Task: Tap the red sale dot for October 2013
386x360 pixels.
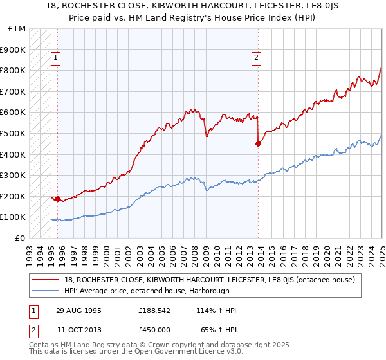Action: click(x=258, y=144)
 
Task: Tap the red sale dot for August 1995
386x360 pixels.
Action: click(x=58, y=199)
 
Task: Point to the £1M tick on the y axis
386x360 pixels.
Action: click(x=17, y=29)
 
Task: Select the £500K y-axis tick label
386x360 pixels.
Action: click(x=14, y=134)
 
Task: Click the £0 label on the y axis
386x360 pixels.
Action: click(x=20, y=238)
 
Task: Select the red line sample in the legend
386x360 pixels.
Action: click(x=46, y=280)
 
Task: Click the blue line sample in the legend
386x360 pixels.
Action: click(x=46, y=291)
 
